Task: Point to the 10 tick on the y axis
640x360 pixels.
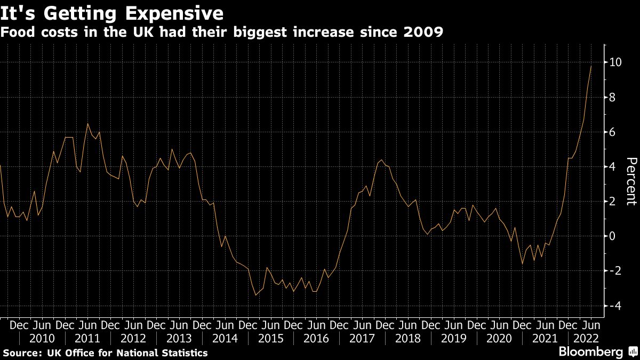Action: click(x=615, y=62)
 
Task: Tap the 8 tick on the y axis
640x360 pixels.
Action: click(x=613, y=97)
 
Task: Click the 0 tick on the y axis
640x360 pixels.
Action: click(x=613, y=236)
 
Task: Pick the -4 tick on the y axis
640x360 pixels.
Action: click(x=615, y=306)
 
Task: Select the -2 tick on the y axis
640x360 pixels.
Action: click(x=615, y=271)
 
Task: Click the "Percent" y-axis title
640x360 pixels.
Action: click(x=630, y=181)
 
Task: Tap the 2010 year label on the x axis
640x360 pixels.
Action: click(x=42, y=338)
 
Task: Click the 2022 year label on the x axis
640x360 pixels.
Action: click(x=585, y=338)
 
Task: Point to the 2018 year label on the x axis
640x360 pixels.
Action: click(x=408, y=338)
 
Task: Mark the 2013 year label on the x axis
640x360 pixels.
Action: click(x=179, y=338)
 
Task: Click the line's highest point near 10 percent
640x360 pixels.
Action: click(x=591, y=66)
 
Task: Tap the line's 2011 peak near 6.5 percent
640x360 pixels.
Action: click(x=88, y=124)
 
